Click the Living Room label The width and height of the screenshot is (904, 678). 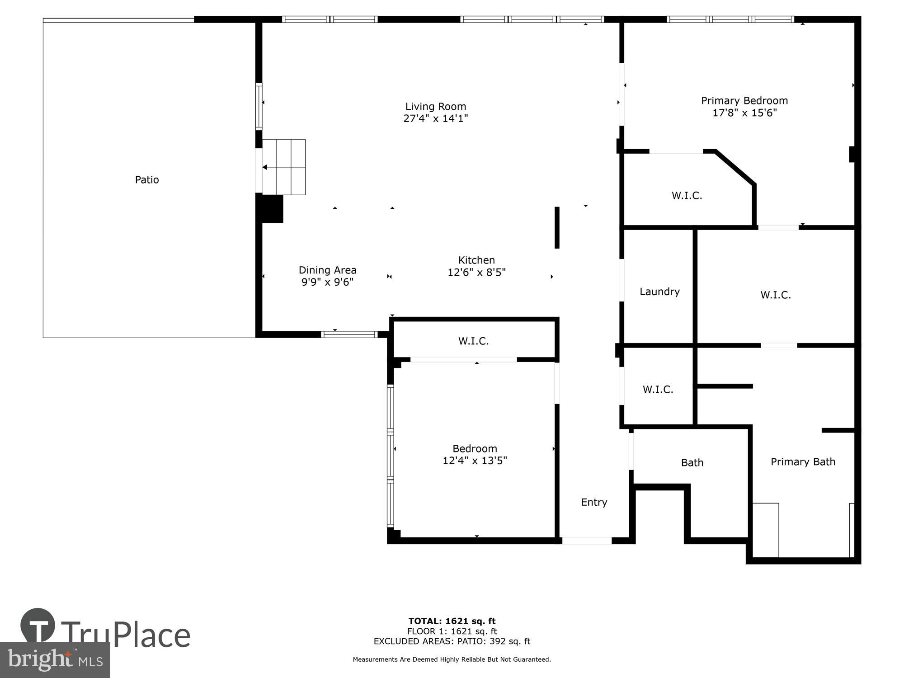[x=435, y=107]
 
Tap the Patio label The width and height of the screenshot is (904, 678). [x=147, y=180]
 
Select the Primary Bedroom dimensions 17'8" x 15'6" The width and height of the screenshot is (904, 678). [x=744, y=113]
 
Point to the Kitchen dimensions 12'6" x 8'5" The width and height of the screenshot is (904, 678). [x=476, y=272]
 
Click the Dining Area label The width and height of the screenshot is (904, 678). [x=327, y=270]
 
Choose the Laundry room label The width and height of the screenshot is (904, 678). [x=659, y=292]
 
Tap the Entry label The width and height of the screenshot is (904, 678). [x=594, y=502]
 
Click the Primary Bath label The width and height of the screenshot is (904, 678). [x=803, y=461]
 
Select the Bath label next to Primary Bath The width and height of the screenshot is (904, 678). [x=692, y=462]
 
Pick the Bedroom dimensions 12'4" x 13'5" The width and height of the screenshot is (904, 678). [x=475, y=461]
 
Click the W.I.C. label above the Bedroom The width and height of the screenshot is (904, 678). [x=473, y=341]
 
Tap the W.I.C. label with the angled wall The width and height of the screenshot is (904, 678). [x=687, y=196]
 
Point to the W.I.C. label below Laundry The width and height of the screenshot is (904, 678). [x=658, y=389]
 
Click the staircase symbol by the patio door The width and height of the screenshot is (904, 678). [x=284, y=167]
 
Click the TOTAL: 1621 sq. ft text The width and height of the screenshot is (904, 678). [x=452, y=621]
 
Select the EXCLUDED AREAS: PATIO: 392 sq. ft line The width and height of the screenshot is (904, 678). [x=452, y=641]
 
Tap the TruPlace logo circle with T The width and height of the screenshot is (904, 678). [x=38, y=626]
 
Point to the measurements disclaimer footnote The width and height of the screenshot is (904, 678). [x=452, y=659]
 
